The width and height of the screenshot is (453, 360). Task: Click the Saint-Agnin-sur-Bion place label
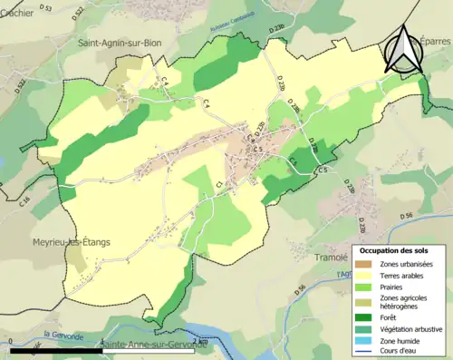tap(118, 42)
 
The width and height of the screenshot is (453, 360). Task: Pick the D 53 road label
tap(46, 8)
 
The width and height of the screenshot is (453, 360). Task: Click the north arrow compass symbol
tap(404, 50)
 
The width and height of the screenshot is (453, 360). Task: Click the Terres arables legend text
tap(402, 274)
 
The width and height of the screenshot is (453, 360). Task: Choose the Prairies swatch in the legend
tap(366, 286)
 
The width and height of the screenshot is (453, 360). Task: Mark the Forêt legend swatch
tap(366, 317)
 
